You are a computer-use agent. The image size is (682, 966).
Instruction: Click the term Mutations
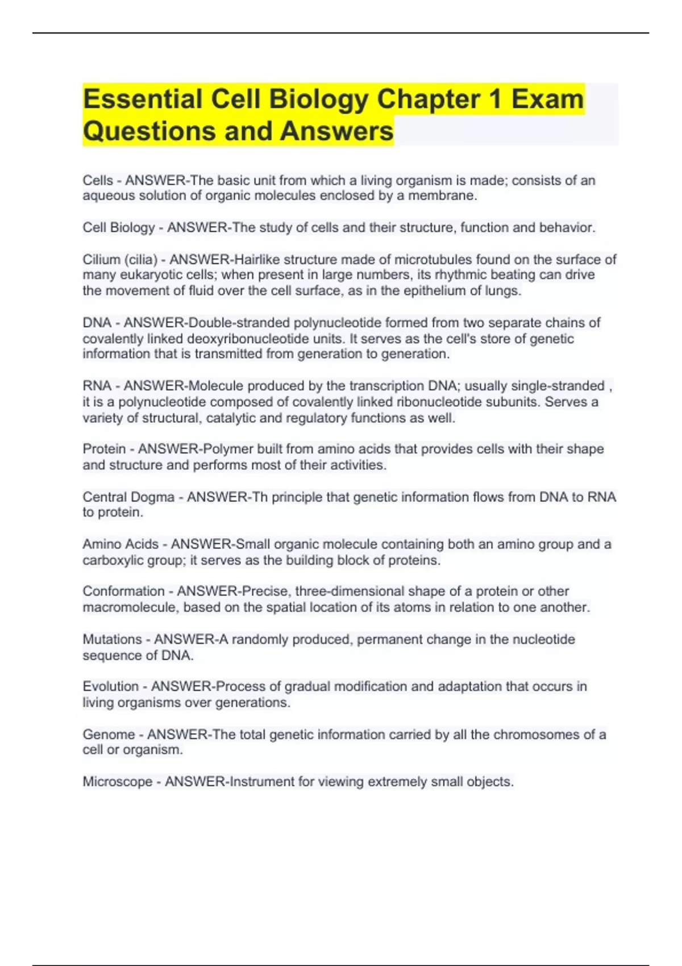pyautogui.click(x=112, y=639)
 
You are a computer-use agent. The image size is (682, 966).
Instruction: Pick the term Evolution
pyautogui.click(x=110, y=686)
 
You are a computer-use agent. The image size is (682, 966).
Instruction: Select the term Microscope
pyautogui.click(x=117, y=782)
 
